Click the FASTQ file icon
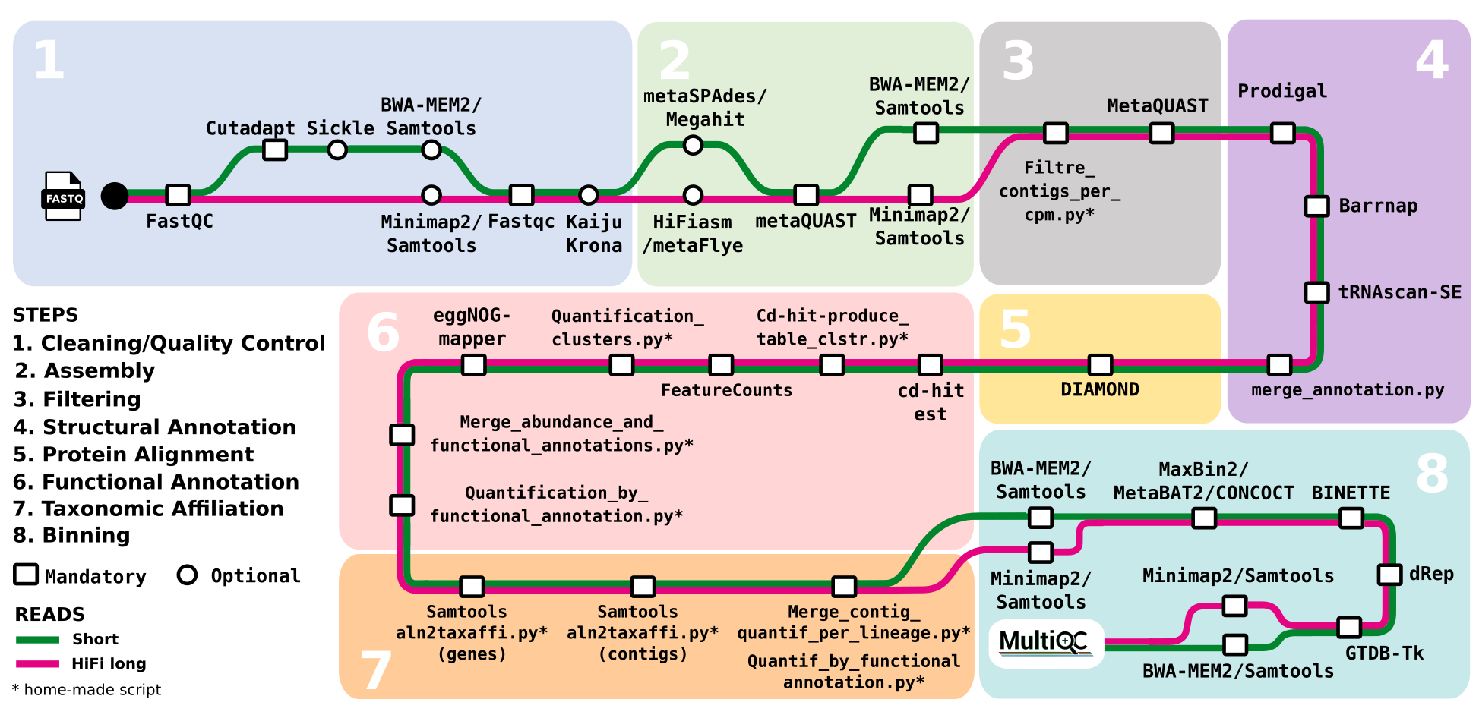62,196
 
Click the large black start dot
115,196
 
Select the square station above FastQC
178,195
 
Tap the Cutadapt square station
275,150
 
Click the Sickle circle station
337,150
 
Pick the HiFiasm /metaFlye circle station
693,195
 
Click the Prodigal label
1282,91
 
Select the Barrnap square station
1316,206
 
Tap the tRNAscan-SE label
1399,292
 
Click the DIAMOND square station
1100,365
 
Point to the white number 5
1016,330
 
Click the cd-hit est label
931,402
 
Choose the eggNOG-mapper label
472,327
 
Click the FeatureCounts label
726,390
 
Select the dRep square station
1389,575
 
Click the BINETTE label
1351,493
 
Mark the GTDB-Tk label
1384,653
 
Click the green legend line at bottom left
37,640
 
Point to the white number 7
376,671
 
